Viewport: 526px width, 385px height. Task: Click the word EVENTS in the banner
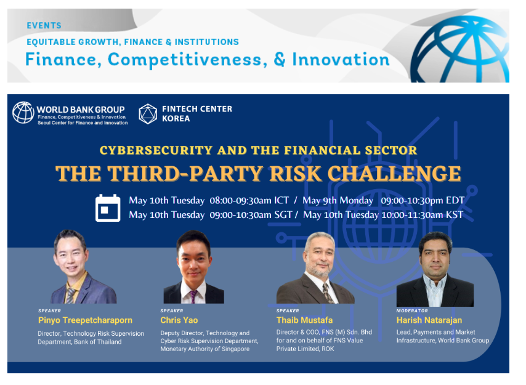[44, 25]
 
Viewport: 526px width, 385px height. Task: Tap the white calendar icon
[108, 208]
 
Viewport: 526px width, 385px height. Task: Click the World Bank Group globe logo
[23, 113]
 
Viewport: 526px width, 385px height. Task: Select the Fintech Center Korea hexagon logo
[148, 114]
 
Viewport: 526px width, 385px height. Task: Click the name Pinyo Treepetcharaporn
[85, 320]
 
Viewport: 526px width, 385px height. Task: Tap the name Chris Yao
[179, 320]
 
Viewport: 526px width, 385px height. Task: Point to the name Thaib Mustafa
[305, 320]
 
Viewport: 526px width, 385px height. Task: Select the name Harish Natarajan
[429, 320]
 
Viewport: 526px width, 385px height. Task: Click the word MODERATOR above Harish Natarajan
[412, 311]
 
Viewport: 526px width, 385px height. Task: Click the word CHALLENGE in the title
[394, 173]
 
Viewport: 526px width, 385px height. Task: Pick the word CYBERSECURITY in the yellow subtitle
[156, 150]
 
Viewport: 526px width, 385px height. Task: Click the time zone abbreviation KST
[455, 215]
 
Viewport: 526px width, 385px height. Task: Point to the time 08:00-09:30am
[241, 201]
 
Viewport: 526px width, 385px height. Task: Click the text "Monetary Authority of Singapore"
[205, 349]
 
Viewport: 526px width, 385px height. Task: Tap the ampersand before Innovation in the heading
[280, 60]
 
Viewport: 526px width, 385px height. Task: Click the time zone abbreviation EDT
[455, 201]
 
